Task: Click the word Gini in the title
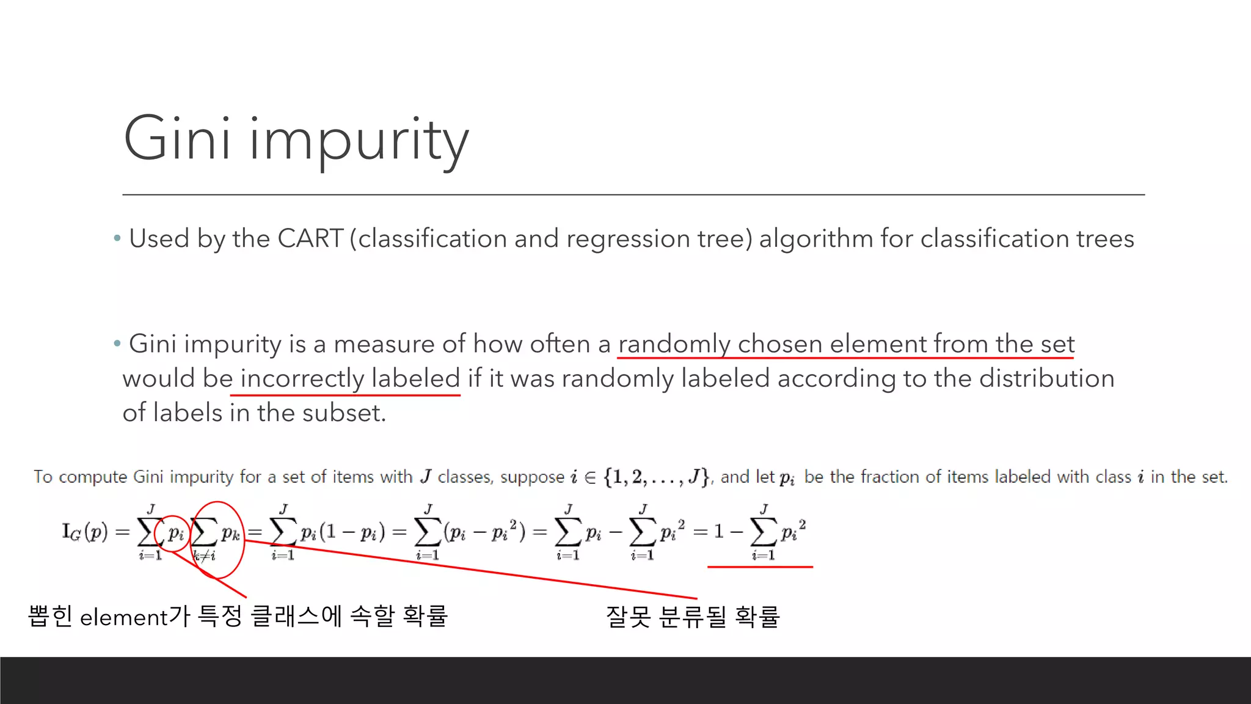[x=177, y=139]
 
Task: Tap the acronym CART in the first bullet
[x=310, y=238]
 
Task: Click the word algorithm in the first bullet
[x=815, y=240]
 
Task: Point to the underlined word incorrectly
[x=302, y=379]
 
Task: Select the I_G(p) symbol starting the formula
[x=85, y=532]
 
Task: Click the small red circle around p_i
[x=173, y=533]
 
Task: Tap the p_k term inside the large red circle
[x=230, y=533]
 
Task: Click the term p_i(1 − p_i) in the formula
[x=342, y=532]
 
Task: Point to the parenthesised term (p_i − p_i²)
[x=484, y=532]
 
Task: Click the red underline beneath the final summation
[x=760, y=567]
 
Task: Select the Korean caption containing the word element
[x=238, y=616]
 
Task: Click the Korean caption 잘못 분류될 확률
[x=693, y=616]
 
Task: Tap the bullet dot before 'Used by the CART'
[x=117, y=238]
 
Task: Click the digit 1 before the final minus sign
[x=719, y=532]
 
